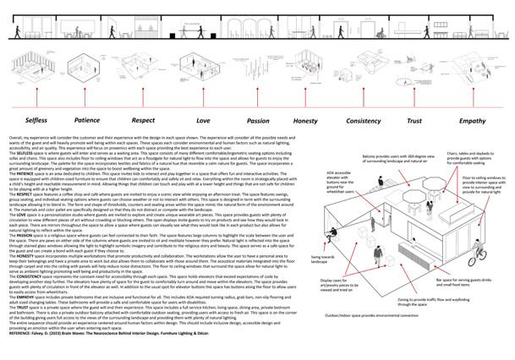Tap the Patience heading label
(x=87, y=122)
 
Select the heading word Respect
(x=144, y=122)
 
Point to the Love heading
(x=204, y=122)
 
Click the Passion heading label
(x=258, y=122)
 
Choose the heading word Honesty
(x=305, y=122)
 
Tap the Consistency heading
(x=364, y=122)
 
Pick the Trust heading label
(x=415, y=122)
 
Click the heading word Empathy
(x=473, y=122)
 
